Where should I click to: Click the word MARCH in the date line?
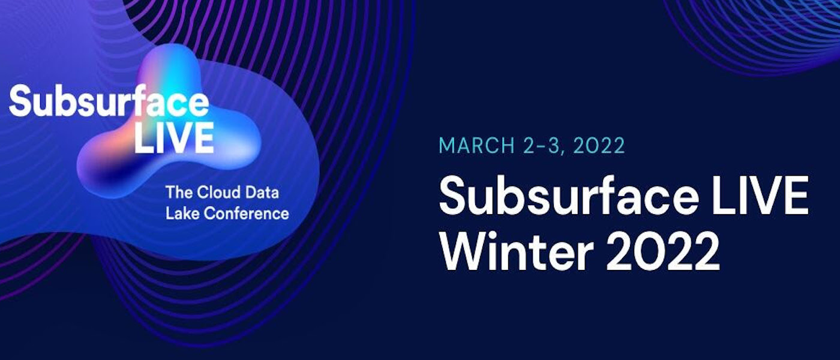[477, 145]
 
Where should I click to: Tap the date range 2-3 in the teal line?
[542, 145]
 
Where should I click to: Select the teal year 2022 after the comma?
[599, 145]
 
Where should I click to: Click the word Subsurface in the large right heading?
[569, 197]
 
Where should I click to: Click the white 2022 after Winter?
[662, 251]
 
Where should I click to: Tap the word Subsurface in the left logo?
[109, 101]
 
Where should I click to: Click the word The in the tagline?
[179, 193]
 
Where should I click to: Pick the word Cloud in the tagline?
[218, 193]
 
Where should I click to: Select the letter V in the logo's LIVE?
[176, 137]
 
